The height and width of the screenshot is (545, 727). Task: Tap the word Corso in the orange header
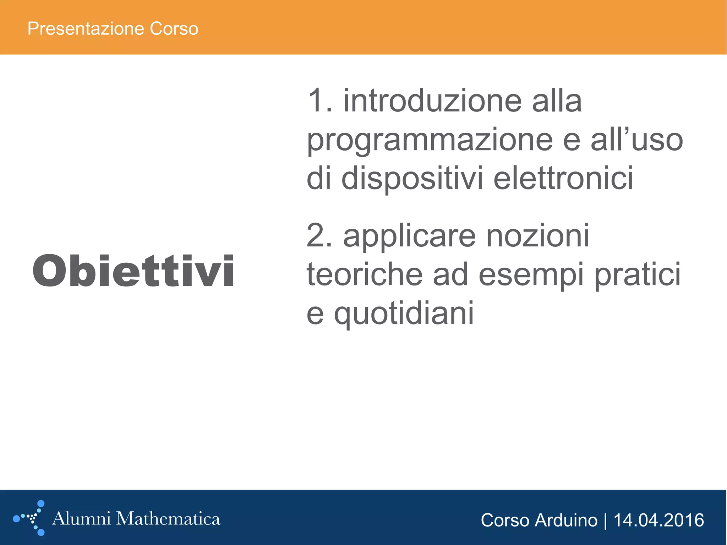(x=174, y=29)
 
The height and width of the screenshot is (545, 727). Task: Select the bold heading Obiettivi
(x=133, y=271)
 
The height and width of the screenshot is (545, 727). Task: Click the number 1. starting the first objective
(x=320, y=101)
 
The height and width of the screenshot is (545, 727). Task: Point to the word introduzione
(x=432, y=101)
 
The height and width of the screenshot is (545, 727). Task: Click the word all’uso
(x=637, y=140)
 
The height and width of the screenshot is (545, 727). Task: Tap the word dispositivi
(x=412, y=178)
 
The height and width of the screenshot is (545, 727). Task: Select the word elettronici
(x=563, y=178)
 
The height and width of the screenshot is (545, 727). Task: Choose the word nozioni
(x=537, y=236)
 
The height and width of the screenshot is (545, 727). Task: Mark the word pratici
(x=638, y=275)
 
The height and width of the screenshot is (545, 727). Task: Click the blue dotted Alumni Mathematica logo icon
(x=30, y=518)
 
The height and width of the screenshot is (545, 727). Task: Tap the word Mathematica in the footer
(x=168, y=519)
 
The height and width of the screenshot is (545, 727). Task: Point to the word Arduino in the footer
(x=566, y=521)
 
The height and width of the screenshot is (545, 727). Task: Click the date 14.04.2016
(x=658, y=521)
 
